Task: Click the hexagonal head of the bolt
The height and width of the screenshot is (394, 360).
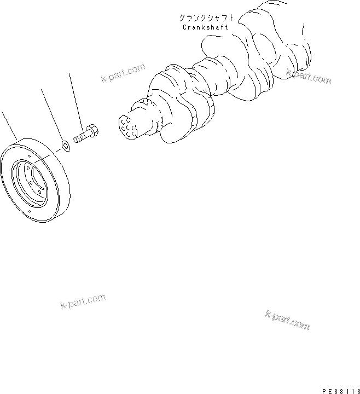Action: click(91, 131)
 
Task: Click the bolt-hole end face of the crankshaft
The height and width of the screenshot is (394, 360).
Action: click(129, 126)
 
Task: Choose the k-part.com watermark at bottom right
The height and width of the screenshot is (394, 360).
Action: click(287, 320)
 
